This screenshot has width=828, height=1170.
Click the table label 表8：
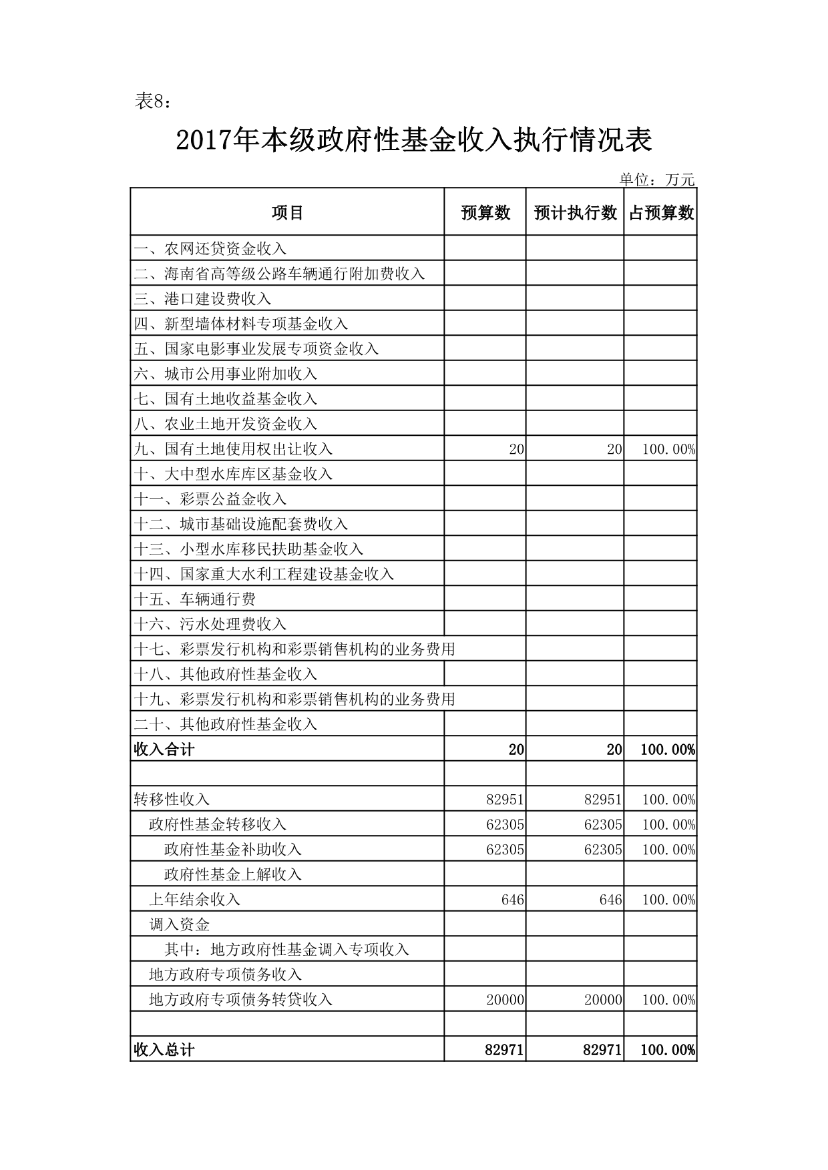(154, 101)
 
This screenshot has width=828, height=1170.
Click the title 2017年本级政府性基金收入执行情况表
(414, 141)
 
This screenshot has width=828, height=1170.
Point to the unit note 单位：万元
(657, 180)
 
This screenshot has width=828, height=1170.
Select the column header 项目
(287, 213)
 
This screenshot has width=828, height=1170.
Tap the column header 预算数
(485, 213)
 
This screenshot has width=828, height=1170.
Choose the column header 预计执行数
(575, 213)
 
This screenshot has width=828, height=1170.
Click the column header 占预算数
(661, 213)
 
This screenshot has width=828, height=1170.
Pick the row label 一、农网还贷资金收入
(210, 249)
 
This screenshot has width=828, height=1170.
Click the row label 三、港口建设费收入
(203, 299)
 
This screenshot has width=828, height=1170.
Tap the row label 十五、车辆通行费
(195, 599)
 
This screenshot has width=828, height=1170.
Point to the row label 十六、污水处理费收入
(210, 624)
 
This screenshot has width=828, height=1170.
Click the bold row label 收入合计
(164, 750)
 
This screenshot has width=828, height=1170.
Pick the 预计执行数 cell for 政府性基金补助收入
(602, 850)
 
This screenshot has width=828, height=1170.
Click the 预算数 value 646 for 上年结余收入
(512, 900)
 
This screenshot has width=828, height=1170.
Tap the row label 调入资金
(180, 924)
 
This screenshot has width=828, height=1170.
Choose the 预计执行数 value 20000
(602, 1000)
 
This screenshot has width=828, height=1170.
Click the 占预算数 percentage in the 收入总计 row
(668, 1050)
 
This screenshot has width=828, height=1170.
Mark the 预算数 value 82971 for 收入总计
(504, 1050)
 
